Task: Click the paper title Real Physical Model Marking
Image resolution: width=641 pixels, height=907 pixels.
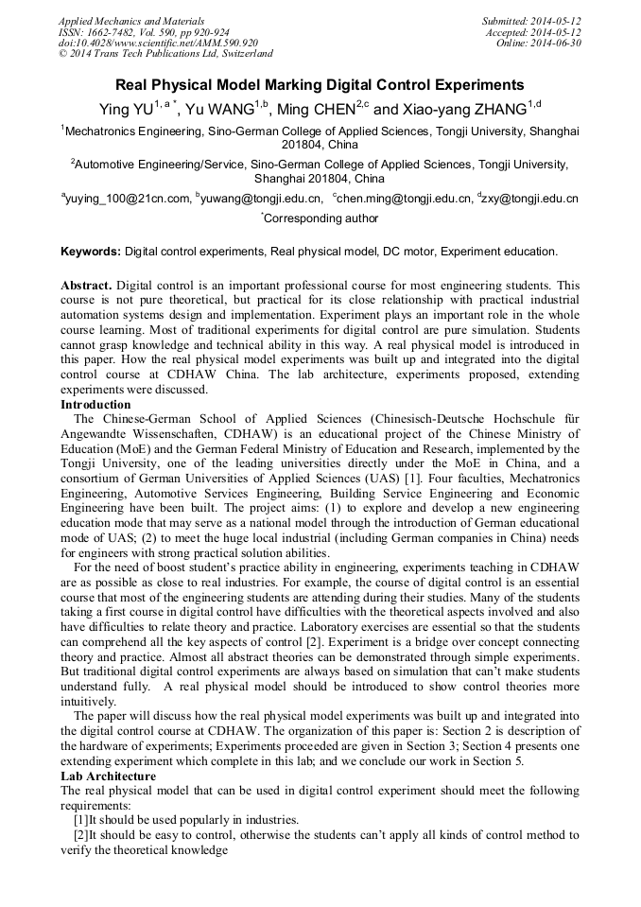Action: (x=320, y=84)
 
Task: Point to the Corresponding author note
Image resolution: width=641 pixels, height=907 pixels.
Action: (x=320, y=218)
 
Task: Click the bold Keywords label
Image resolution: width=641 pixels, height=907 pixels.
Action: (x=91, y=252)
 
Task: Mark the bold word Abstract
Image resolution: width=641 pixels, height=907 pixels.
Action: (x=87, y=285)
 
